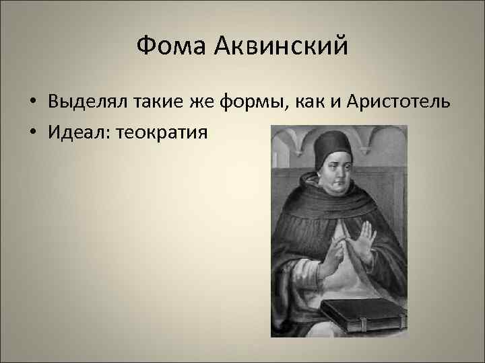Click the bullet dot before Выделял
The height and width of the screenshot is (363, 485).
click(32, 102)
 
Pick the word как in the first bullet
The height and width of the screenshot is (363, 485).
click(308, 102)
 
